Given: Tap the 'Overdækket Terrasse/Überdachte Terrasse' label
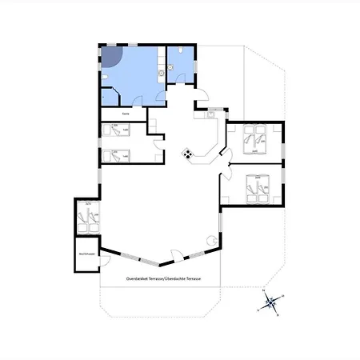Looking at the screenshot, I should pos(162,278).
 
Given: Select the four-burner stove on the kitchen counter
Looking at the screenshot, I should pos(187,154).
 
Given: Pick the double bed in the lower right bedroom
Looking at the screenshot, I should pos(257,188).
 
